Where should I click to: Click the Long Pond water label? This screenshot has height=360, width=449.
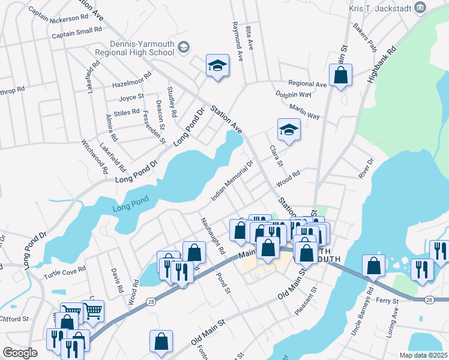[x=129, y=209]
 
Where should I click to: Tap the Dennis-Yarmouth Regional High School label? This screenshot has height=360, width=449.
[x=133, y=47]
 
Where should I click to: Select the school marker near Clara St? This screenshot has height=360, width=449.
[x=289, y=130]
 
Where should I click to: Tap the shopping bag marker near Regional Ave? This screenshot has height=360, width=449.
[x=340, y=75]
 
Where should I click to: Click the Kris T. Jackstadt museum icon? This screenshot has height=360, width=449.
[x=420, y=7]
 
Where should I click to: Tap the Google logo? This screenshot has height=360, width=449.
[x=20, y=353]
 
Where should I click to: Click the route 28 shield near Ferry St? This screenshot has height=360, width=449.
[x=429, y=299]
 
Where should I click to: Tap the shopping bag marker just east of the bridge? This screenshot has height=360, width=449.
[x=373, y=266]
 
